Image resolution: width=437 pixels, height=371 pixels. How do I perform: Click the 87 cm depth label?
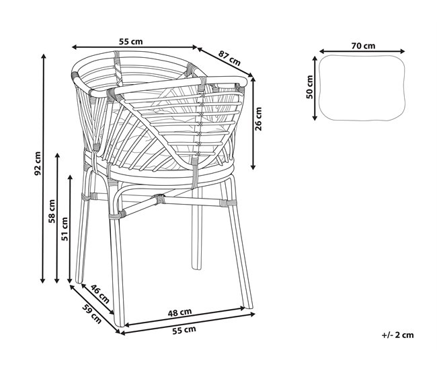(229, 59)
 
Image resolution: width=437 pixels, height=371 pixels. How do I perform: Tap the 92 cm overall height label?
(38, 164)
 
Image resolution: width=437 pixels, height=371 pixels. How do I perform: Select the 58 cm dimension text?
(52, 211)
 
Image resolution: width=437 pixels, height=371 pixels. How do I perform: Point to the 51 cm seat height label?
(65, 229)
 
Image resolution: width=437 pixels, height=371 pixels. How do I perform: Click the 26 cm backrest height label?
(258, 119)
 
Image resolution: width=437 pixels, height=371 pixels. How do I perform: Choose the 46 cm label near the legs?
(100, 294)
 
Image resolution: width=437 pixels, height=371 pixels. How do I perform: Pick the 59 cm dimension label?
(92, 314)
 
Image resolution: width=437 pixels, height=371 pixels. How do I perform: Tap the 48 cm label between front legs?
(180, 312)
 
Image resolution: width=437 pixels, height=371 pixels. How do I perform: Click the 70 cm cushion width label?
(363, 46)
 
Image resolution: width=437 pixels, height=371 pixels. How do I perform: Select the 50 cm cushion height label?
(310, 87)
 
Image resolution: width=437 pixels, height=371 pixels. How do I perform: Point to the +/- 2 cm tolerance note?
(398, 335)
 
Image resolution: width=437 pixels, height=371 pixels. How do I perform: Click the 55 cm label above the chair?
(130, 42)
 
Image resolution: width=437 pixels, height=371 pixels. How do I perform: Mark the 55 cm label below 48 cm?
(184, 330)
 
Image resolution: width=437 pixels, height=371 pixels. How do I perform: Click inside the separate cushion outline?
(362, 88)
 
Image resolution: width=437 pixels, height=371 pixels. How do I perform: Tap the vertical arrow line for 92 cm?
(43, 168)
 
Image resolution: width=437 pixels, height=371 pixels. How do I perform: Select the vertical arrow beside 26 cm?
(253, 123)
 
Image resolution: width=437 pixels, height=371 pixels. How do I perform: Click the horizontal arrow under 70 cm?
(362, 51)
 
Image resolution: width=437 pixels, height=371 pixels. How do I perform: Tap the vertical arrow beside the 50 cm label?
(315, 88)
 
